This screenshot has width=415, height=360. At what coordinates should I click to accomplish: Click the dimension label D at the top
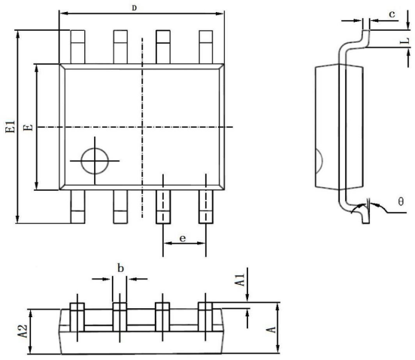coord(134,8)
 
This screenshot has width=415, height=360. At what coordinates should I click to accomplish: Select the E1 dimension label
coord(11,127)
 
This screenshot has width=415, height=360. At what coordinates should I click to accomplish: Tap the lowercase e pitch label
coord(183,238)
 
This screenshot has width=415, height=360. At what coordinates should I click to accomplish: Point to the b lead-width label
coord(120,268)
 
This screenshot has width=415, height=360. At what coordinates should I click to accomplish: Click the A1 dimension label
coord(241,280)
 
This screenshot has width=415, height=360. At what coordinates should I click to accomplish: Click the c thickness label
coord(392,14)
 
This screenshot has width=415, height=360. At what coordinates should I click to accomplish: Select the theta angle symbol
coord(401,201)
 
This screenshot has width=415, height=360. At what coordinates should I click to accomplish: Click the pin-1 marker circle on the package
coord(95,147)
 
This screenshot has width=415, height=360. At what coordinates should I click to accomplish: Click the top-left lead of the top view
coord(78,47)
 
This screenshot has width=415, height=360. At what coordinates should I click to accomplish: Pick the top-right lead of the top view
coord(206,47)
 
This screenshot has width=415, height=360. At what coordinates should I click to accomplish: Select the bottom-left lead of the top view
coord(78,207)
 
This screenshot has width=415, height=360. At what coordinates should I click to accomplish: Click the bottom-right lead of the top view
coord(206,207)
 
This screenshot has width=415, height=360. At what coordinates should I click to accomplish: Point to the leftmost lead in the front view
coord(77,317)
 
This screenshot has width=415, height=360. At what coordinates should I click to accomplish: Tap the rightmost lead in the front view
coord(205,317)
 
